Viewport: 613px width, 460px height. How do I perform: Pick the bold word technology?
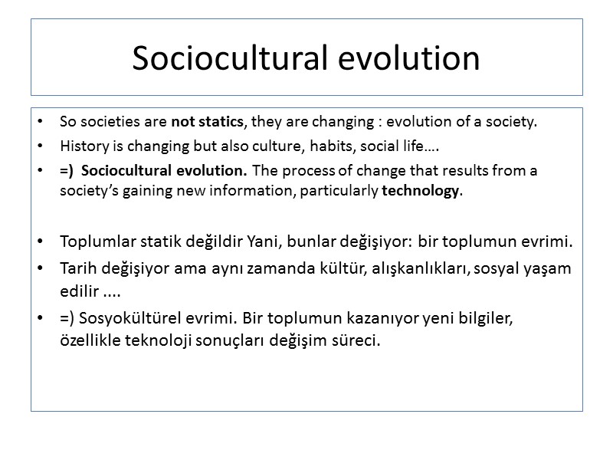421,191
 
